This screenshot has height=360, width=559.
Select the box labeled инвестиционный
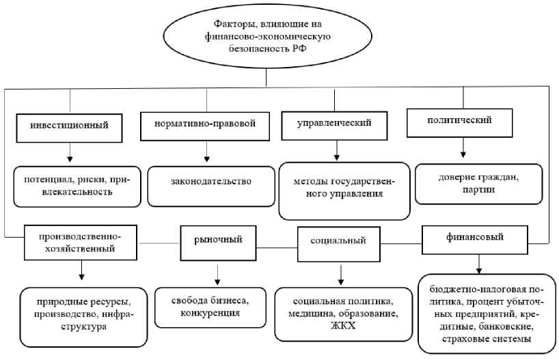click(70, 127)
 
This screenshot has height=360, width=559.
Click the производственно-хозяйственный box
click(81, 243)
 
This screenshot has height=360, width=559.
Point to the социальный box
click(338, 242)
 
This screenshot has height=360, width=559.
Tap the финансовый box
click(475, 238)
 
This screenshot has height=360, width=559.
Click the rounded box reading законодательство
click(211, 182)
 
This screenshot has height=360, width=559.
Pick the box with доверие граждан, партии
click(478, 184)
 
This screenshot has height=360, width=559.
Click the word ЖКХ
click(344, 326)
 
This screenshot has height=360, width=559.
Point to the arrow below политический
click(463, 147)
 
